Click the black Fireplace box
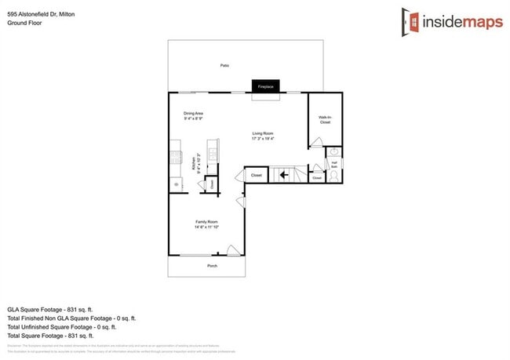pyautogui.click(x=265, y=86)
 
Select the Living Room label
pyautogui.click(x=262, y=133)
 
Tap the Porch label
pyautogui.click(x=212, y=266)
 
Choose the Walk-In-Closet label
pyautogui.click(x=325, y=120)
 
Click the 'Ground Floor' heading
pyautogui.click(x=24, y=24)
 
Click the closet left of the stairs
pyautogui.click(x=256, y=176)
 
